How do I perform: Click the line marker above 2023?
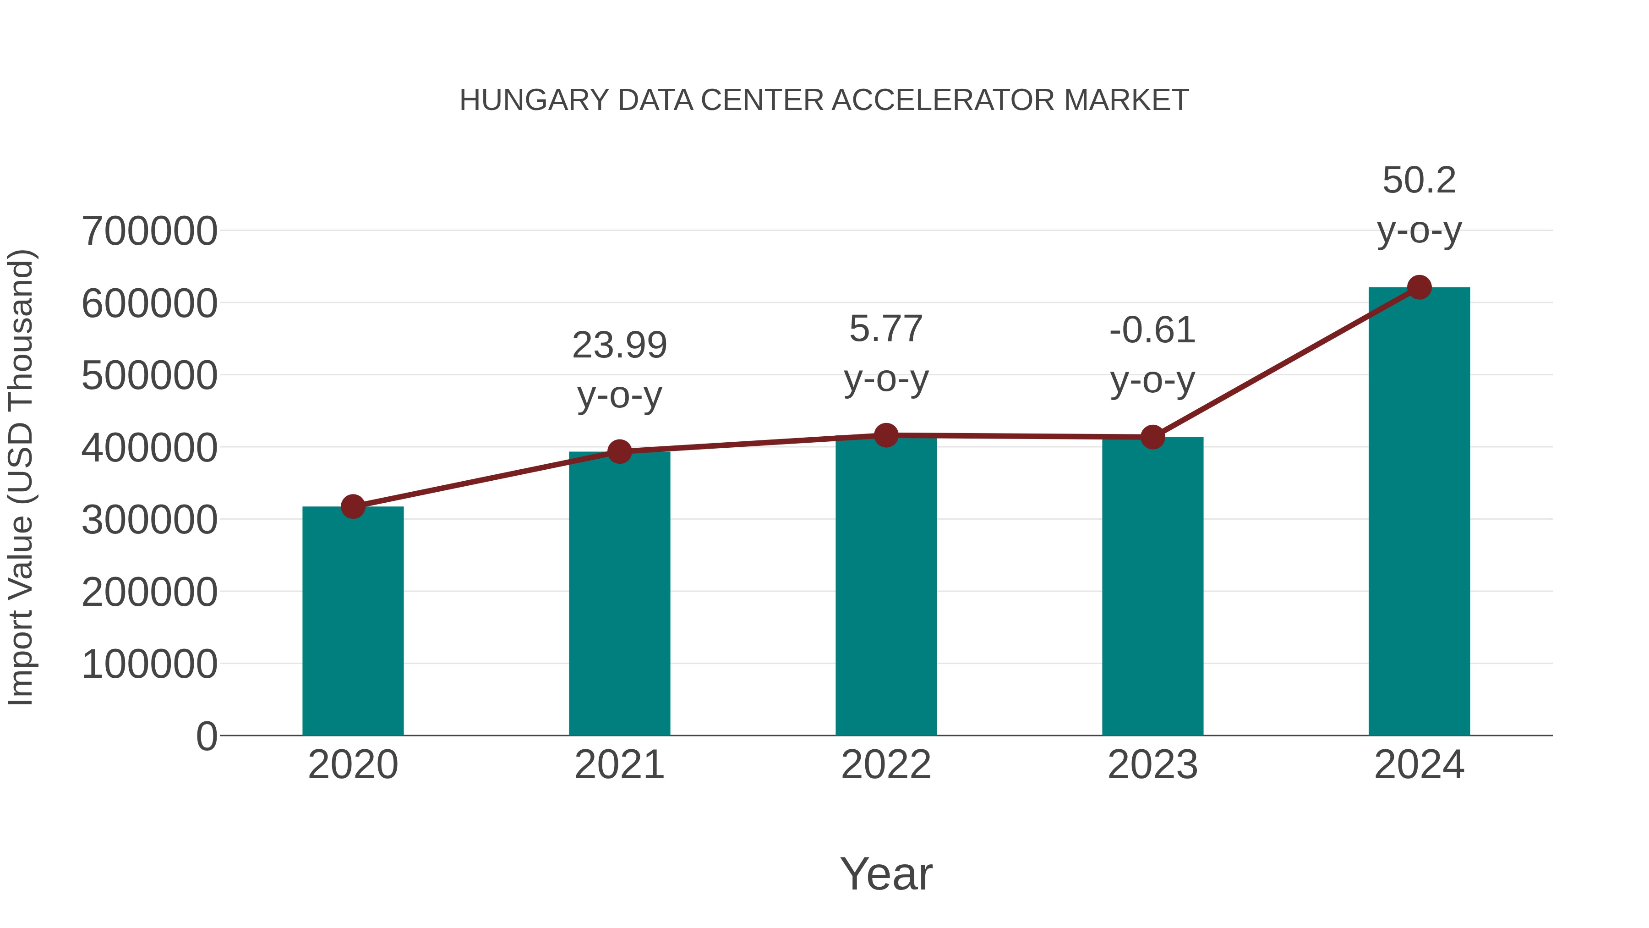[x=1152, y=438]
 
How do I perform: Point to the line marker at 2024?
[x=1419, y=287]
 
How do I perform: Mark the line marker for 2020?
[x=353, y=506]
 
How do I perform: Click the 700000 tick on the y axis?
[x=150, y=231]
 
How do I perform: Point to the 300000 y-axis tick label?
[x=150, y=520]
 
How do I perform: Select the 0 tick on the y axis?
[x=207, y=736]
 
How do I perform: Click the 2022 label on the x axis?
[x=886, y=765]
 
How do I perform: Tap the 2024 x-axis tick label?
[x=1419, y=765]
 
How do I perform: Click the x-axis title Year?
[x=886, y=873]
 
